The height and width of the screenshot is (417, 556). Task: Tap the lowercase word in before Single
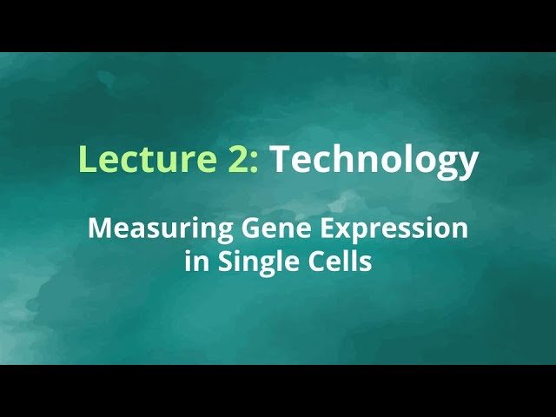tap(195, 261)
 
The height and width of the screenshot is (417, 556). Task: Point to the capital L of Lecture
tap(87, 159)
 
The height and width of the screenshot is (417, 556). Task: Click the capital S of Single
tap(220, 261)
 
